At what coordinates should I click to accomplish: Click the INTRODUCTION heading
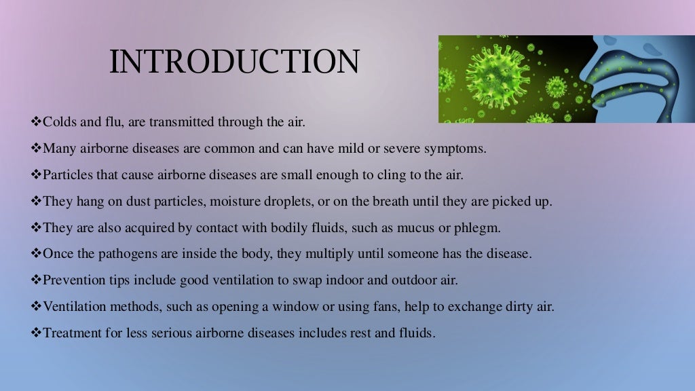[x=234, y=62]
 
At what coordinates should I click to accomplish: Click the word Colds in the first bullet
[x=59, y=122]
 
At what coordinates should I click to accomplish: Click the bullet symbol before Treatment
[x=37, y=333]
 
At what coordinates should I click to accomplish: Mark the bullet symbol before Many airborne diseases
[x=37, y=147]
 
